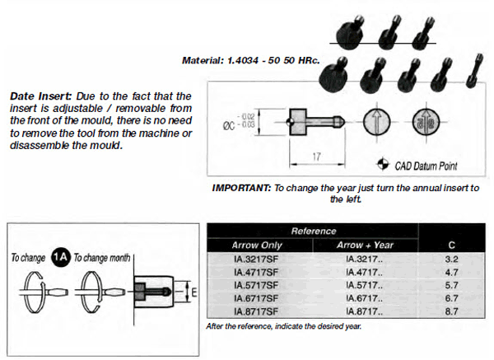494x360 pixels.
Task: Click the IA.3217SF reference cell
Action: pos(256,259)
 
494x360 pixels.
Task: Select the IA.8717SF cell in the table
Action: pos(256,311)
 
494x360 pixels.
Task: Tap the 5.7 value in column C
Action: pos(451,285)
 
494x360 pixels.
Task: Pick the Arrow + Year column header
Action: pos(365,245)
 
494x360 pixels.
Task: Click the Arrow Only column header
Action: pos(257,245)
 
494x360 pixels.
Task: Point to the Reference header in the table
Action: pos(314,231)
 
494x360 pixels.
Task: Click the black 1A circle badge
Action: pos(60,257)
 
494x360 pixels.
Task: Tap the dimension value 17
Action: pos(316,157)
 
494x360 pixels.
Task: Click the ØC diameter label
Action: pos(229,126)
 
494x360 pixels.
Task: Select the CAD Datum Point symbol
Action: pos(383,164)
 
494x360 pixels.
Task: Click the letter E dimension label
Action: pos(194,292)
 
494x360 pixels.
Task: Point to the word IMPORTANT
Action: pos(241,188)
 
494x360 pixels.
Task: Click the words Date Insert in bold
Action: pos(41,96)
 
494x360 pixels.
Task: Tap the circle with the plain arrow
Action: pos(377,122)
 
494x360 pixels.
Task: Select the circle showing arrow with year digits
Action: pos(426,122)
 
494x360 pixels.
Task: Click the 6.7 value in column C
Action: pos(451,298)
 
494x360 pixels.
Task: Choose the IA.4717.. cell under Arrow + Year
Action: pos(365,272)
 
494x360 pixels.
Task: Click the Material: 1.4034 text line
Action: pos(251,60)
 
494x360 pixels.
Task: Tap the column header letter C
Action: pos(451,245)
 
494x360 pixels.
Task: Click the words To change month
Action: pos(102,258)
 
